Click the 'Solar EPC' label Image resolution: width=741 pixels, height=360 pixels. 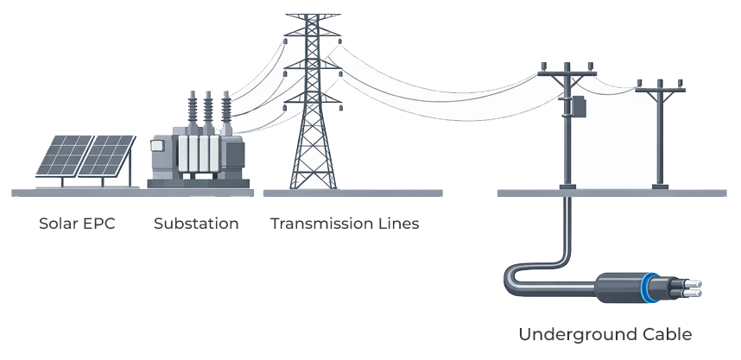77,224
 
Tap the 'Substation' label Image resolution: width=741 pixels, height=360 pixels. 196,224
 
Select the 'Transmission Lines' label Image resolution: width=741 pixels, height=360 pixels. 345,224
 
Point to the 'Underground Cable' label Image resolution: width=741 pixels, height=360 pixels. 605,334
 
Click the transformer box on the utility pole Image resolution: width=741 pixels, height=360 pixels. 576,107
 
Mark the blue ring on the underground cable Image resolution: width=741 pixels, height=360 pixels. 650,287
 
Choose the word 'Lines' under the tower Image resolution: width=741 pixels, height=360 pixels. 397,224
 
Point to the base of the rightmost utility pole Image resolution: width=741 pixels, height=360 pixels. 662,183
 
